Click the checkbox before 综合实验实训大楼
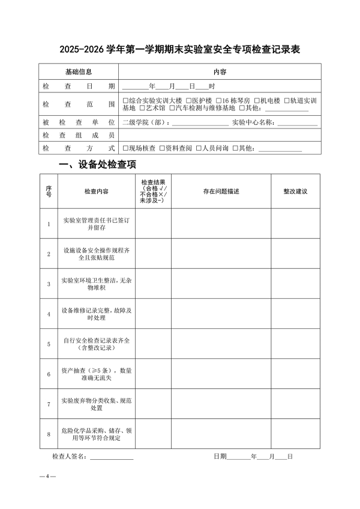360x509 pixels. [125, 100]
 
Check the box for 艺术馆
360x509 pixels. [142, 109]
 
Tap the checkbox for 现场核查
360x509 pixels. [125, 148]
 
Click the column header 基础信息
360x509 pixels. [79, 72]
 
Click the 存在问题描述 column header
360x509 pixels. [221, 191]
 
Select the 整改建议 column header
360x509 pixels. [295, 191]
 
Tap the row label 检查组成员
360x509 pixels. [79, 136]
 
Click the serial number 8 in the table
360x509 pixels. [49, 434]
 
